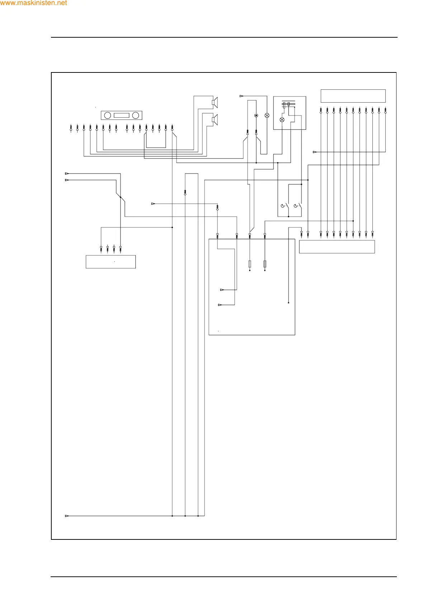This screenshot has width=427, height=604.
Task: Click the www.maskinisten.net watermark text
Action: [x=33, y=3]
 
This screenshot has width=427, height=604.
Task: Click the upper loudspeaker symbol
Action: [x=215, y=103]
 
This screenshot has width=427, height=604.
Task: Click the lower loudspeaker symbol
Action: [x=215, y=119]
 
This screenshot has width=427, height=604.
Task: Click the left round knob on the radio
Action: [x=107, y=115]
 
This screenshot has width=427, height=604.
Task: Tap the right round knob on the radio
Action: [x=136, y=115]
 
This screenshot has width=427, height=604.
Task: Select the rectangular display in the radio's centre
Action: [x=121, y=115]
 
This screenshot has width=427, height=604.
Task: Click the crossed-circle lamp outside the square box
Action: [x=267, y=115]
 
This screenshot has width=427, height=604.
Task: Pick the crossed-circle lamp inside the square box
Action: [x=282, y=120]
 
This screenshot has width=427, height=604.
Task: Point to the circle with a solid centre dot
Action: [x=256, y=115]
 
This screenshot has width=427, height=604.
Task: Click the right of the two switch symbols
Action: [x=297, y=206]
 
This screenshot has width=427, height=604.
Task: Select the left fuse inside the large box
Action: [x=250, y=264]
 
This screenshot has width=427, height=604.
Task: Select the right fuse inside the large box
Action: [x=265, y=264]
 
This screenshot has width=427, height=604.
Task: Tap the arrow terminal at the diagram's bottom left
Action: [x=67, y=516]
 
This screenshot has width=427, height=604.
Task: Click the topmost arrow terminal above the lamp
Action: [x=241, y=96]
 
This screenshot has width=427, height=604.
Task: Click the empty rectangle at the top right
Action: [x=353, y=96]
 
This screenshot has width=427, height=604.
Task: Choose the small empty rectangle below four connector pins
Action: [x=111, y=262]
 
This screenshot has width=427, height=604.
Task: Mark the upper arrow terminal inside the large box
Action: [x=222, y=290]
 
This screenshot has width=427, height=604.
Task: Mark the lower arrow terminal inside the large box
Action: [x=220, y=305]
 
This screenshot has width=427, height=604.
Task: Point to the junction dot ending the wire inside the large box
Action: [x=288, y=303]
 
